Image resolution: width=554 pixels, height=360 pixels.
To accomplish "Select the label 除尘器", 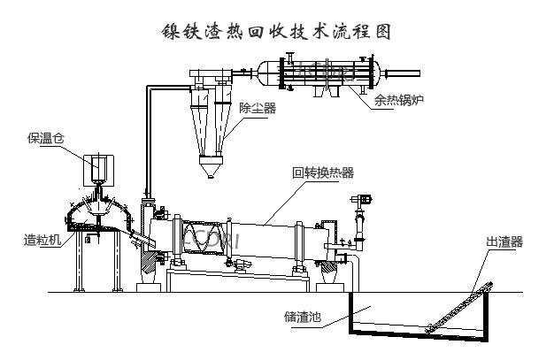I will pos(258,109).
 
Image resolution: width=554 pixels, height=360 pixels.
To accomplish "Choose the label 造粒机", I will pos(42,240).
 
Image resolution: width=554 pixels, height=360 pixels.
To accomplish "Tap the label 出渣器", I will pos(504,240).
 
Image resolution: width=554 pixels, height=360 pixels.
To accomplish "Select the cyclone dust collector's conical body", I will pos(210,133).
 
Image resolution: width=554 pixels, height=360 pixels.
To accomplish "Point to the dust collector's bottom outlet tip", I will pos(210,174).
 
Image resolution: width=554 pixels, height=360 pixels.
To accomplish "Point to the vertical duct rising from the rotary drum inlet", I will pos(148,142).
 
